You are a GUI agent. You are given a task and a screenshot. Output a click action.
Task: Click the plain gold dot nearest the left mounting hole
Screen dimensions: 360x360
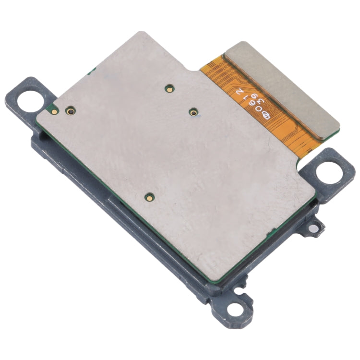(55, 111)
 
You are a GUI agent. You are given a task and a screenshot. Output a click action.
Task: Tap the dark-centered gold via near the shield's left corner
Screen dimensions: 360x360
(71, 111)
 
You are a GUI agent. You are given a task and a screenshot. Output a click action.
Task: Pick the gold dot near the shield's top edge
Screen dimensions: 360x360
(169, 88)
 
